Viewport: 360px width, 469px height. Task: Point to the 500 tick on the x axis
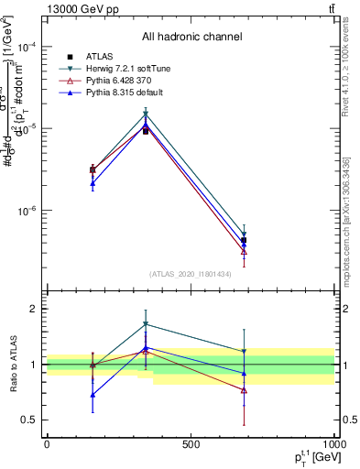click(191, 444)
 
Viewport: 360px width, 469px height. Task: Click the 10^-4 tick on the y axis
click(27, 48)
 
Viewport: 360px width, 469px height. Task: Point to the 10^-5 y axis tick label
click(27, 129)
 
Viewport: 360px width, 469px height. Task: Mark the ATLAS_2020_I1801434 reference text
click(191, 274)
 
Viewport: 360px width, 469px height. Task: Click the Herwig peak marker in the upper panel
click(146, 114)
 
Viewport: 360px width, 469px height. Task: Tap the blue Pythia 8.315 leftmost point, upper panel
click(93, 183)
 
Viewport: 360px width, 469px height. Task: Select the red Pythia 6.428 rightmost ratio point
click(244, 390)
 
